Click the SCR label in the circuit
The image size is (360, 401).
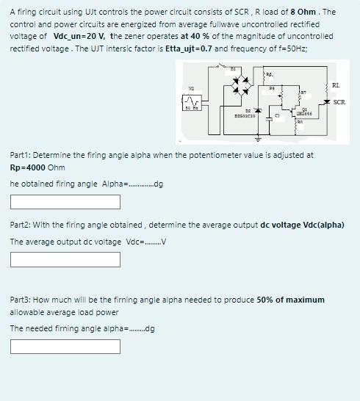[x=339, y=101]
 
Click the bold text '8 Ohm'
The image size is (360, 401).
[x=305, y=12]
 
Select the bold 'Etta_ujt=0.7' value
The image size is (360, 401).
[x=150, y=48]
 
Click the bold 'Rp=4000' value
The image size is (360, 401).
[x=27, y=167]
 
